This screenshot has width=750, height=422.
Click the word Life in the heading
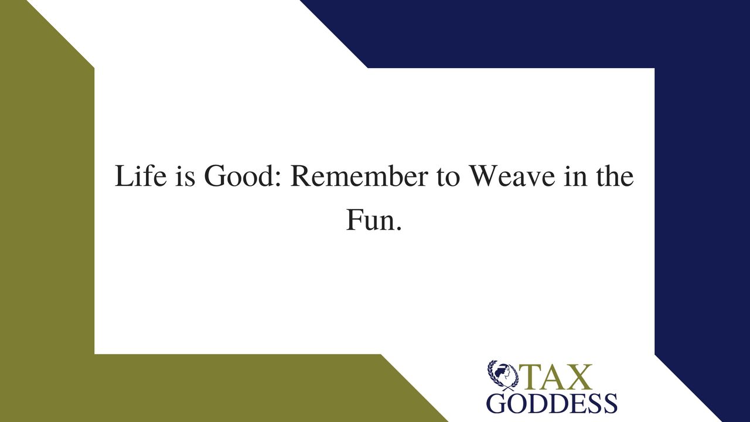click(141, 175)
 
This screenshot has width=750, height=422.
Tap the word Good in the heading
click(240, 176)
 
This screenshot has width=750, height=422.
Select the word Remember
click(359, 175)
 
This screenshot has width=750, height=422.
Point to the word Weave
click(512, 176)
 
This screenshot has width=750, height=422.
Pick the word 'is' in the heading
click(185, 176)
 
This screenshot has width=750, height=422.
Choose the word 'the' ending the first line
click(615, 175)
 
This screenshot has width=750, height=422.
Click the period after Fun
click(398, 229)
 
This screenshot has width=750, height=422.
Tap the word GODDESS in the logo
click(552, 403)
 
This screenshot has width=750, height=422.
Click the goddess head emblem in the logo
click(503, 375)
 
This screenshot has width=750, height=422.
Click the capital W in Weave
click(483, 176)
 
